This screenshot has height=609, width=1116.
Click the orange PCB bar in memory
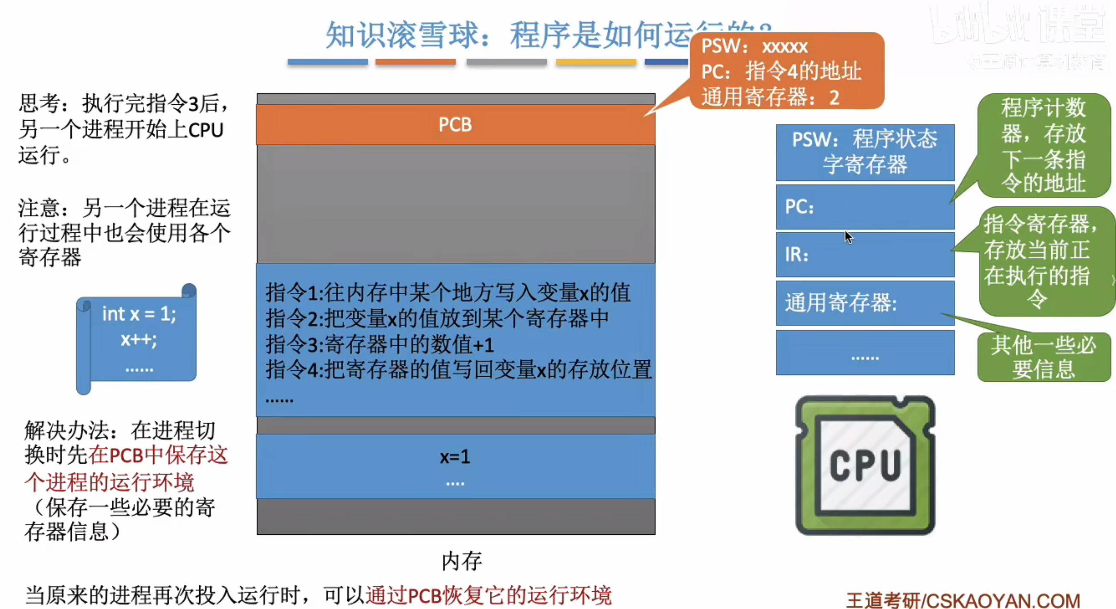[455, 124]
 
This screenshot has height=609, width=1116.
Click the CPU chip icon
[865, 465]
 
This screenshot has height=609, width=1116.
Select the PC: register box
[865, 207]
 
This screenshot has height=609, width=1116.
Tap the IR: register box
[865, 254]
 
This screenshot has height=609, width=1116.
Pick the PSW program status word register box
[865, 152]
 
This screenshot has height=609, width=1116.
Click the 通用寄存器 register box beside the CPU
[865, 302]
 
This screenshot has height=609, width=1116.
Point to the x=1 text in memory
[455, 457]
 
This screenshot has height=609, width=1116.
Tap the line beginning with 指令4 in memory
[458, 370]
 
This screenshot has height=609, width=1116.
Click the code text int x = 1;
[139, 314]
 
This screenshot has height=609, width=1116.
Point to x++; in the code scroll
[139, 340]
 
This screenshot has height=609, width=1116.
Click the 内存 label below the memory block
[462, 561]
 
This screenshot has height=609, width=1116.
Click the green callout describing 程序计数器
[1043, 145]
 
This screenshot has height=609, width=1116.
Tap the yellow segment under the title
[596, 62]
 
